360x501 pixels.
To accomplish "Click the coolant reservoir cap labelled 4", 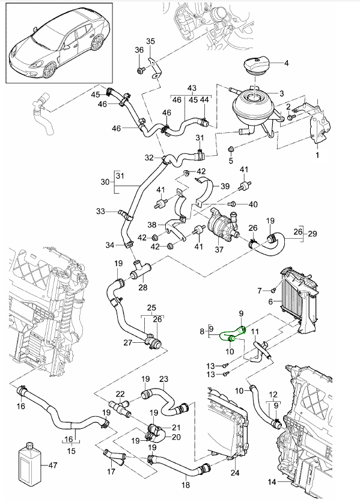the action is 258,66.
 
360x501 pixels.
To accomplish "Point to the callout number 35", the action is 150,41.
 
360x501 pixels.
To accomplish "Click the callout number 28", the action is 142,287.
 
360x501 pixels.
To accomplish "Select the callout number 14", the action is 272,482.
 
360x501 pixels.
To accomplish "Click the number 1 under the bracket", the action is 317,155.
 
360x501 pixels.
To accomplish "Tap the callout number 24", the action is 234,473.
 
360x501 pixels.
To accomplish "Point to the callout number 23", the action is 163,379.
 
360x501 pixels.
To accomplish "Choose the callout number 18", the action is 186,485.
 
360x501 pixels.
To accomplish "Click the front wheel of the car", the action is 49,70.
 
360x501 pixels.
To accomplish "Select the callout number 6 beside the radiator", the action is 270,301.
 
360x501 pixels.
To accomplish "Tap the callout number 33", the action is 100,211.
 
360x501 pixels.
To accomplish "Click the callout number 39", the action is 225,186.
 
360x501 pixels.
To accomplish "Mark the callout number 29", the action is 313,233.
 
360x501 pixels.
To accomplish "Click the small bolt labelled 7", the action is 273,290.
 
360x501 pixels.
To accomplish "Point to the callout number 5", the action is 231,161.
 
